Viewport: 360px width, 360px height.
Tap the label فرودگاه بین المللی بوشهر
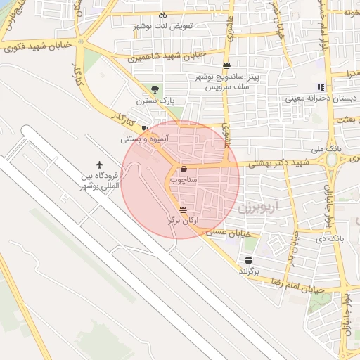point(96,181)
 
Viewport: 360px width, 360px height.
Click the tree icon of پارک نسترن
point(155,89)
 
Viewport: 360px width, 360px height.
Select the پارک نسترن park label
point(155,101)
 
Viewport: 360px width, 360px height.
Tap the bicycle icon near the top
point(162,15)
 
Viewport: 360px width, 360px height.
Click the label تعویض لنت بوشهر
point(172,26)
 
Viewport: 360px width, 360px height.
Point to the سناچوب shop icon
point(184,169)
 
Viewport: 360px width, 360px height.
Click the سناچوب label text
point(184,180)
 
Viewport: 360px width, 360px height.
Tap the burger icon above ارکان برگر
point(183,209)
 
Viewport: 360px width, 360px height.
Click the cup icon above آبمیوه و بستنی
point(144,129)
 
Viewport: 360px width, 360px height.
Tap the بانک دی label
point(330,238)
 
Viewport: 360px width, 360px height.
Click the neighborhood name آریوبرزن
point(254,207)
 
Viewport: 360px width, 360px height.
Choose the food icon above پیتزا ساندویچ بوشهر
point(226,65)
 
